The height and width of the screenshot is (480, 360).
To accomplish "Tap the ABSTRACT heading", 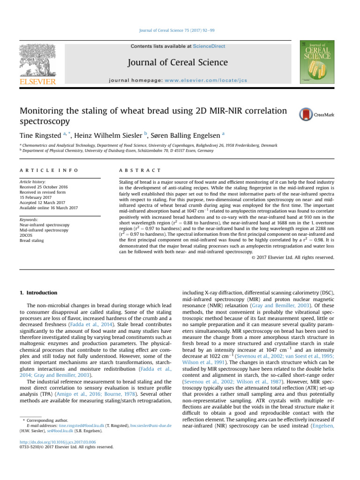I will coord(140,170).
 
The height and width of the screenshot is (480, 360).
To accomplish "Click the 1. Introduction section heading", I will coord(39,292).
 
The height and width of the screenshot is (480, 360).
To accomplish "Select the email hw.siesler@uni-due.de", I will coord(150,425).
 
